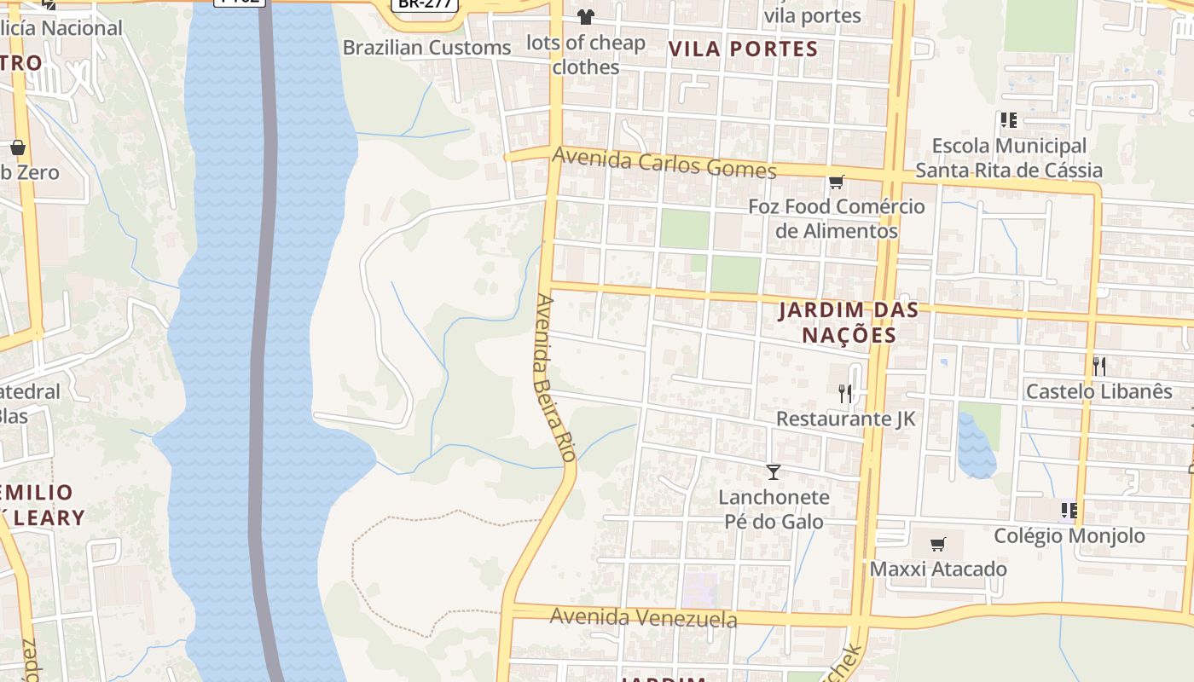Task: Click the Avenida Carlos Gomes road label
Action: point(664,163)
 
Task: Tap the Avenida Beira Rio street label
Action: point(554,378)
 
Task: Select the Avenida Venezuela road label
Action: point(643,617)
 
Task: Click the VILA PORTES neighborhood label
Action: point(743,49)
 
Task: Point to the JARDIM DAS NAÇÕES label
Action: point(849,322)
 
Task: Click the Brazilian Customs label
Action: point(426,48)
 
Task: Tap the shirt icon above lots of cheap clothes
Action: point(585,16)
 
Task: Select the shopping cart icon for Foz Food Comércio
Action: point(836,182)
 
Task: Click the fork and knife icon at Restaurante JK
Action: point(844,393)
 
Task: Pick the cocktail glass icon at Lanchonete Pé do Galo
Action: point(774,471)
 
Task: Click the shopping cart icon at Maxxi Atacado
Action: point(937,544)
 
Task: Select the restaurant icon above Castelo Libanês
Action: point(1099,367)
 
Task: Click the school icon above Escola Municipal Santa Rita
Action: point(1009,120)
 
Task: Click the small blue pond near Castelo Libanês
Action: point(976,445)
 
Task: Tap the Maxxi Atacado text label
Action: point(938,569)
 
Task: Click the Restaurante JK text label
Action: point(845,419)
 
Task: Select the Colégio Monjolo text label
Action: point(1069,535)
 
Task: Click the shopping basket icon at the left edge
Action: point(18,147)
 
